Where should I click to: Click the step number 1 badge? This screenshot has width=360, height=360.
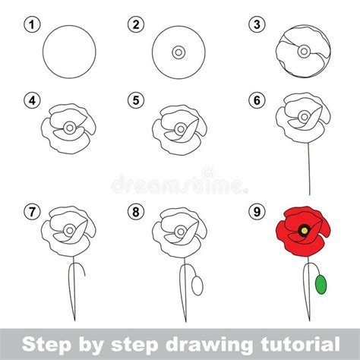coord(32,24)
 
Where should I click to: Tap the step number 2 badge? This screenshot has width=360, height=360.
coord(136,24)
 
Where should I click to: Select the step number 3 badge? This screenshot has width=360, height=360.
coord(257,24)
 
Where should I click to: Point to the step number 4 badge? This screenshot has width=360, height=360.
coord(32,100)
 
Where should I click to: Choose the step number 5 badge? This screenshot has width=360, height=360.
coord(136,100)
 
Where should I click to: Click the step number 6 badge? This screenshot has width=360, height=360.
coord(257,100)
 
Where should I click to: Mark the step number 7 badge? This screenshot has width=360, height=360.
coord(32,211)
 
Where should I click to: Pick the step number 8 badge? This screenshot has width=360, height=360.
coord(136,211)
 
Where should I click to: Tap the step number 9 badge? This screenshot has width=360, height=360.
coord(257,211)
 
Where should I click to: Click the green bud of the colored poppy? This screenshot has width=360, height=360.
coord(321,285)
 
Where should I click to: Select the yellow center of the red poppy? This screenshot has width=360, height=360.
coord(305,230)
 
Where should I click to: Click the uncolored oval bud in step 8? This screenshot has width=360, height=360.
coord(197,286)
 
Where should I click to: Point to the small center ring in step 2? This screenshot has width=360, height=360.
coord(178,52)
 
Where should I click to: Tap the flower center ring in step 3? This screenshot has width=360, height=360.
coord(304,52)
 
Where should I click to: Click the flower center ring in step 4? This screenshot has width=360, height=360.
coord(70,128)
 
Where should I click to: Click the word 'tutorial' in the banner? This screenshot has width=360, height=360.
coord(300,344)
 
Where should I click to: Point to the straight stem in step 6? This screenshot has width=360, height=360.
coord(309,169)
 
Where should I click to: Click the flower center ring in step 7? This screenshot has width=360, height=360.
coord(70,230)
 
